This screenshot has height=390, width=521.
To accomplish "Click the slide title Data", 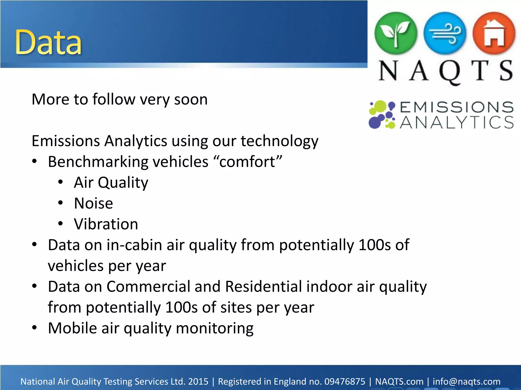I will (x=48, y=42).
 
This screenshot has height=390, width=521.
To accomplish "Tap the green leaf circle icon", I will (x=396, y=34).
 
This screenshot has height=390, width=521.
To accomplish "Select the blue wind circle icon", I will (x=445, y=34).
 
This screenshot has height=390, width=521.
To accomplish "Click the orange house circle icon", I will (x=494, y=34).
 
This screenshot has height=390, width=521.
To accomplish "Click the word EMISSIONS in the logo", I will (x=457, y=107).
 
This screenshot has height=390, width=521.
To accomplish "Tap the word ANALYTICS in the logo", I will (x=457, y=123).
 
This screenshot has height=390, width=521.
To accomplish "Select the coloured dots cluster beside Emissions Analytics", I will (x=382, y=115).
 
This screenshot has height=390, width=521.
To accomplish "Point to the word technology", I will (x=279, y=141).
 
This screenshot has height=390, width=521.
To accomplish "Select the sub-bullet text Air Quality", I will (x=111, y=183).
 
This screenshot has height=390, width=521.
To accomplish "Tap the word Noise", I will (x=93, y=203).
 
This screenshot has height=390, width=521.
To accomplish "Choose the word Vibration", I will (x=106, y=224).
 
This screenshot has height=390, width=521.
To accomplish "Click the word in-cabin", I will (x=134, y=245).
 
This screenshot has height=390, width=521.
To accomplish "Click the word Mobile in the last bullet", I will (x=73, y=328).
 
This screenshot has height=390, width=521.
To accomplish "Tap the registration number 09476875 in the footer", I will (x=345, y=382).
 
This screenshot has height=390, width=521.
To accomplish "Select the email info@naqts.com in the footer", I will (x=467, y=382).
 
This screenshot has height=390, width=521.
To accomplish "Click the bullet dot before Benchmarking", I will (x=34, y=161).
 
